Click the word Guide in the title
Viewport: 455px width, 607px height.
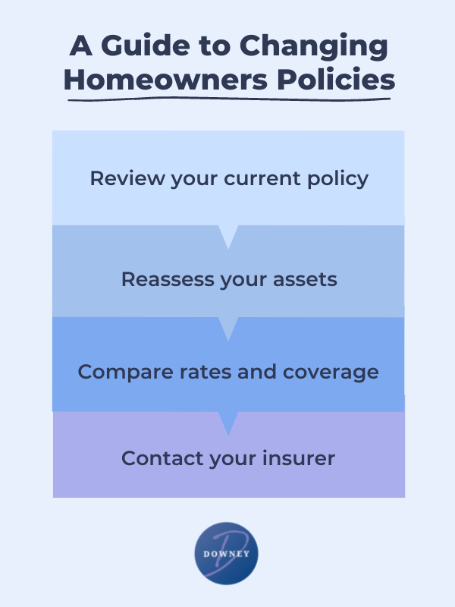tap(145, 46)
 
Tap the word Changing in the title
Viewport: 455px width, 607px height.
tap(313, 47)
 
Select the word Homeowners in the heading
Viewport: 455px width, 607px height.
tap(165, 80)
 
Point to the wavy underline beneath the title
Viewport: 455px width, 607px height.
tap(229, 99)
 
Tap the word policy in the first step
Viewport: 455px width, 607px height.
tap(337, 180)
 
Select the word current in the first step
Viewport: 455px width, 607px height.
tap(262, 179)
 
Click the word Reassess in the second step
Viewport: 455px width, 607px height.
tap(168, 279)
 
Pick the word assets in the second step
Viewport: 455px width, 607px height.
tap(305, 279)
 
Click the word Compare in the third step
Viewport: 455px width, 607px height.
tap(125, 372)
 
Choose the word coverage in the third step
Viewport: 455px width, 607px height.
tap(331, 373)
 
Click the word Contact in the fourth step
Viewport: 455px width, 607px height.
tap(162, 458)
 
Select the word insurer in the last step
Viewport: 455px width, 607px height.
tap(299, 458)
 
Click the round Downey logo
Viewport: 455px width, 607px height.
tap(226, 554)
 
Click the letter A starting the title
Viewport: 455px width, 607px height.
tap(81, 46)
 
